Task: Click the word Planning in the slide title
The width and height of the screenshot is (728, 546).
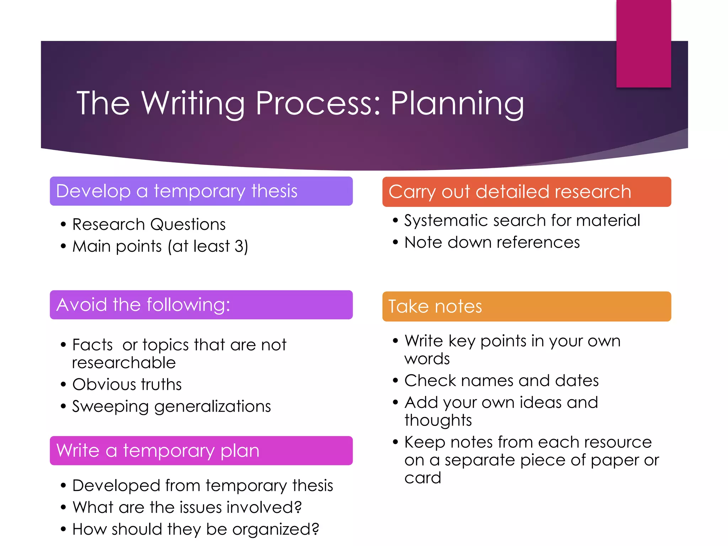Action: [457, 103]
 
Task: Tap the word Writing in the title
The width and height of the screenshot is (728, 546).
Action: [193, 103]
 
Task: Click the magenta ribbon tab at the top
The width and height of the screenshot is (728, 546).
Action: [643, 43]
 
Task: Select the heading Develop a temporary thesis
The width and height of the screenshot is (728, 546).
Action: [201, 191]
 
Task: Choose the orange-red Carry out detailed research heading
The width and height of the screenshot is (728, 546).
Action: [526, 192]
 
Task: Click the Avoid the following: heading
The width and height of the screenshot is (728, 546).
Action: [201, 305]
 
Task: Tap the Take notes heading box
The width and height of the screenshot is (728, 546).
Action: [526, 306]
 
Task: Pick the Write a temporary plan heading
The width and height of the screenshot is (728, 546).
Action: [201, 451]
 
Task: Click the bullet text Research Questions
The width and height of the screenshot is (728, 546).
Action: [149, 225]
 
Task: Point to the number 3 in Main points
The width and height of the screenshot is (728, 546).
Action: [239, 246]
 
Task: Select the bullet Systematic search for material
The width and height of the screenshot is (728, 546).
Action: [522, 220]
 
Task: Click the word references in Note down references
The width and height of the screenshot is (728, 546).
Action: [538, 242]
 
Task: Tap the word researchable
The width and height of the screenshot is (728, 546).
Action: [124, 363]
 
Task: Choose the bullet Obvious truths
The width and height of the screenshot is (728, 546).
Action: [127, 385]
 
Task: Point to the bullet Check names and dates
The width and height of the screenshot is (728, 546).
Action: [501, 381]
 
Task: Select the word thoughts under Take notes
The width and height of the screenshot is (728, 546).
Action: [438, 421]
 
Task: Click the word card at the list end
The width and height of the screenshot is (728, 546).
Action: [423, 478]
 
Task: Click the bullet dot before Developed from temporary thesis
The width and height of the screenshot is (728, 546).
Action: [63, 486]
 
